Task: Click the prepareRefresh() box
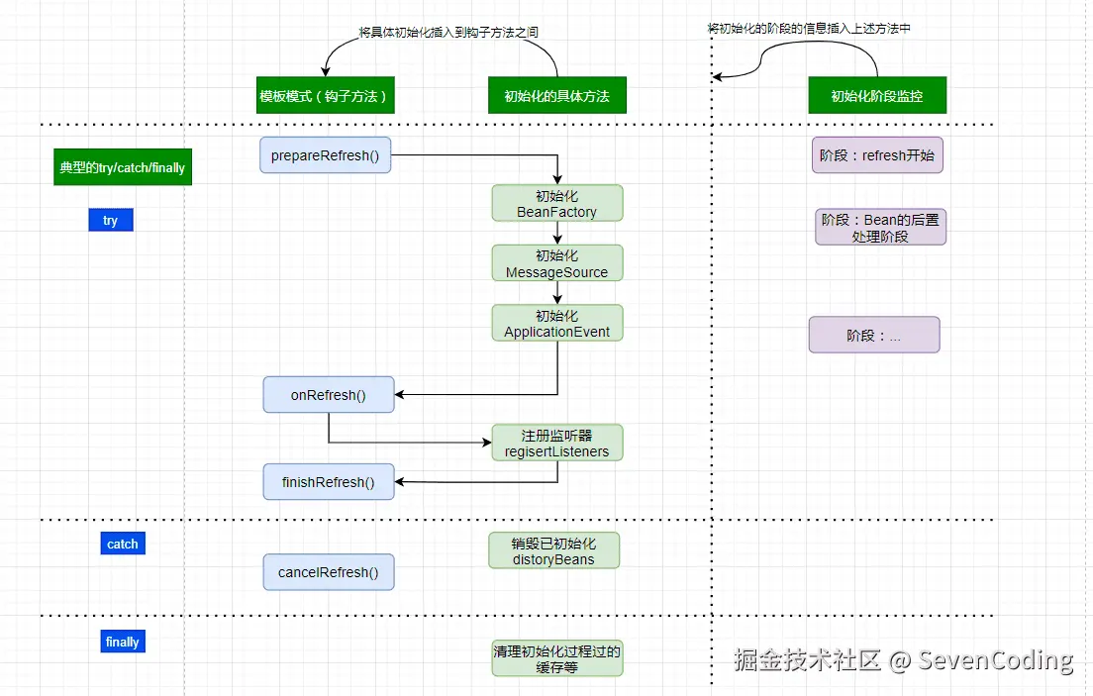(x=325, y=154)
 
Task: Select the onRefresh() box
(x=329, y=395)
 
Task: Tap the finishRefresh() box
(x=329, y=482)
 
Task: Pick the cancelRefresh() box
(x=329, y=572)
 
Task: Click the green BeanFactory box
(x=557, y=203)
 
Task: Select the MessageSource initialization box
(x=557, y=263)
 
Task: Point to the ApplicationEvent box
(x=557, y=323)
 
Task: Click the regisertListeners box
(x=557, y=443)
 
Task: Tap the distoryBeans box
(x=553, y=550)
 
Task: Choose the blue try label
(x=111, y=220)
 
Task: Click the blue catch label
(x=123, y=544)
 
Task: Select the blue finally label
(x=123, y=642)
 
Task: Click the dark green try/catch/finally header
(x=123, y=166)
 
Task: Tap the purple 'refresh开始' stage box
(x=877, y=154)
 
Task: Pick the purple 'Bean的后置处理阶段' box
(x=880, y=228)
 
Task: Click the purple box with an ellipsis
(x=874, y=335)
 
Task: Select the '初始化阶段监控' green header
(x=877, y=95)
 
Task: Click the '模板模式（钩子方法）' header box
(x=326, y=95)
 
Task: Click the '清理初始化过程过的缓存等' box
(x=557, y=658)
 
